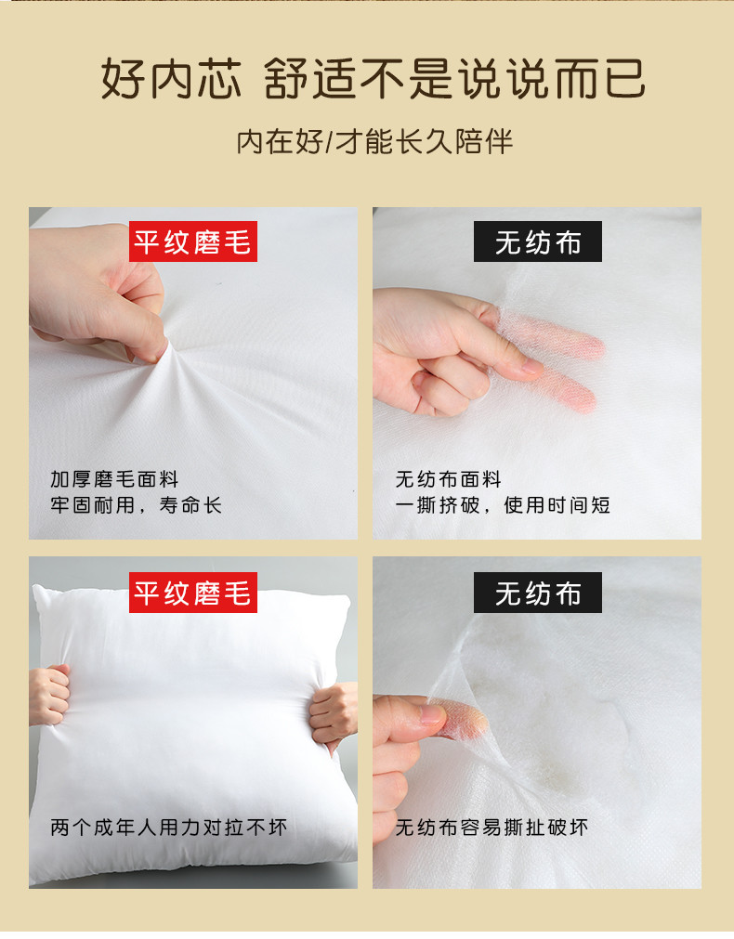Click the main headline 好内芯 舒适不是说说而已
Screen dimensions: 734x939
pyautogui.click(x=373, y=78)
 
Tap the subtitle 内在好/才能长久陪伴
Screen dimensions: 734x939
pyautogui.click(x=374, y=142)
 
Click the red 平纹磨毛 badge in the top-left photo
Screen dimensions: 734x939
pyautogui.click(x=193, y=241)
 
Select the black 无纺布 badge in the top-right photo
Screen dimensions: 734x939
pyautogui.click(x=537, y=241)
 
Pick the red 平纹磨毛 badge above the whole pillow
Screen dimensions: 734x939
pyautogui.click(x=193, y=593)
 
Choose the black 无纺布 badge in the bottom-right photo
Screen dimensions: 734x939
pyautogui.click(x=537, y=593)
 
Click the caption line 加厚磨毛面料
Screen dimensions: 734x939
pyautogui.click(x=114, y=479)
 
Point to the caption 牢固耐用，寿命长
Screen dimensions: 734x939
pyautogui.click(x=136, y=505)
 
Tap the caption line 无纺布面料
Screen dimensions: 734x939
pyautogui.click(x=448, y=479)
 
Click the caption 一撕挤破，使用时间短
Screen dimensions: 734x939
pyautogui.click(x=503, y=505)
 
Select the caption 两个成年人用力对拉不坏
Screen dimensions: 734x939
pyautogui.click(x=169, y=828)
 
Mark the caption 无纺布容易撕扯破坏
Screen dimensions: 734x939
pyautogui.click(x=492, y=828)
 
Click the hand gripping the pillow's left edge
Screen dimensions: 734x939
pyautogui.click(x=49, y=695)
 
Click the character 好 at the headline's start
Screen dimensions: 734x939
pyautogui.click(x=122, y=78)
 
